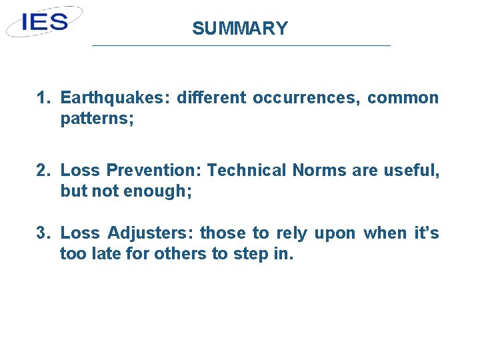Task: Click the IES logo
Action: click(45, 21)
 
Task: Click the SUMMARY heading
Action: click(240, 29)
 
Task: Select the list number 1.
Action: click(43, 99)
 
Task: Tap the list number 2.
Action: click(43, 171)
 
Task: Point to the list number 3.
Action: click(43, 233)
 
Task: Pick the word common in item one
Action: click(403, 99)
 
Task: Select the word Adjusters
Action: click(150, 233)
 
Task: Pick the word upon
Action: click(339, 233)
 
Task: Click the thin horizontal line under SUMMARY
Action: click(240, 45)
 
